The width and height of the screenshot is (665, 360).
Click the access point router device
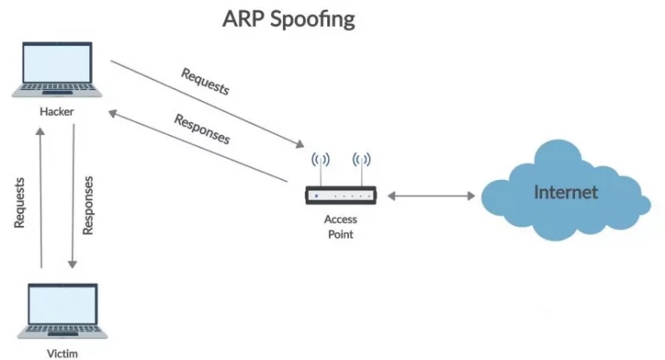tap(341, 196)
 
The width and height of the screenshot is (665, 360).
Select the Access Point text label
tap(341, 227)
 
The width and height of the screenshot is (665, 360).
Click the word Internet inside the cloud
tap(565, 191)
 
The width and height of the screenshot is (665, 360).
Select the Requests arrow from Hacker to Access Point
tap(208, 103)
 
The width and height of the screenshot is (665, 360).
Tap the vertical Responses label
tap(87, 205)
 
